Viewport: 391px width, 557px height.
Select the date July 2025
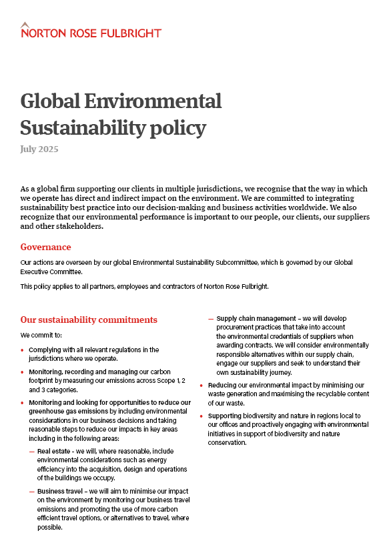click(x=39, y=149)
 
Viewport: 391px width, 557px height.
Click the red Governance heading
click(x=45, y=247)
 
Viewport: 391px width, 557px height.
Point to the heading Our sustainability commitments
click(x=89, y=320)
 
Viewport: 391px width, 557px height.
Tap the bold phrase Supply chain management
click(x=255, y=319)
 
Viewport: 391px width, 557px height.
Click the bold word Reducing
click(x=225, y=386)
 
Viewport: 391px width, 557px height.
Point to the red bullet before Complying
click(x=23, y=350)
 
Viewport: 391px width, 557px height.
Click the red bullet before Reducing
click(x=202, y=386)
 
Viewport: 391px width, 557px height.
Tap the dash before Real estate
click(x=32, y=452)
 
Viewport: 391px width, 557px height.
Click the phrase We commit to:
click(x=41, y=335)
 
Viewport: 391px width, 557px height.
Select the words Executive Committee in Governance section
click(x=51, y=271)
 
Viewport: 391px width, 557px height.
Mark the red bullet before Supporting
click(x=202, y=416)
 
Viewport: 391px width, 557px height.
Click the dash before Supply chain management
click(x=211, y=319)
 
